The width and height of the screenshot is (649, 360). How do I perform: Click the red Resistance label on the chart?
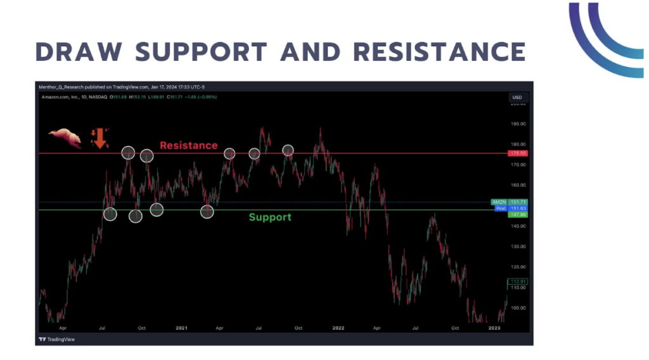[188, 145]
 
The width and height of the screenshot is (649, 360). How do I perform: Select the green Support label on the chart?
[270, 217]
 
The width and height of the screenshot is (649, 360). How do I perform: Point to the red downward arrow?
[100, 138]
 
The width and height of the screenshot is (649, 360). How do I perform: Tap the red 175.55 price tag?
[518, 153]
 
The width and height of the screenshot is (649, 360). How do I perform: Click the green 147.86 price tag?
[518, 215]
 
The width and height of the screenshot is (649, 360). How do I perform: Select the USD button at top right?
[517, 97]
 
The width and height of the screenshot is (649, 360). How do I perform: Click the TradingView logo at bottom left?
[58, 339]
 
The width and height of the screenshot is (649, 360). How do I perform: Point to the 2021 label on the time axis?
[181, 328]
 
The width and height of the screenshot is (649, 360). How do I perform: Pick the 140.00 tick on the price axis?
[518, 226]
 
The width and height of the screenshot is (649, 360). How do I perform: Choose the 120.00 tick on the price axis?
[518, 267]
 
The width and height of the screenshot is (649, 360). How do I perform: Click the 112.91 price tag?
[518, 281]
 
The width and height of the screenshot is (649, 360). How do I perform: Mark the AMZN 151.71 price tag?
[510, 202]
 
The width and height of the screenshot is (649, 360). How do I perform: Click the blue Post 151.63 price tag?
[510, 208]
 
